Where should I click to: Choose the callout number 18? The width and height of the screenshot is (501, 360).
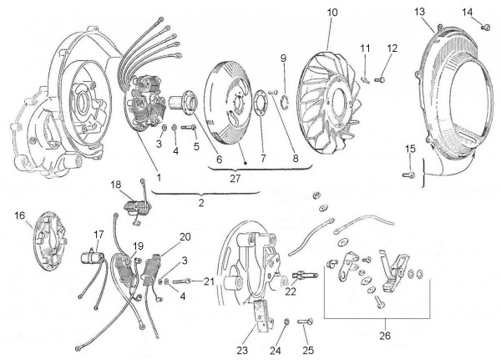click(116, 183)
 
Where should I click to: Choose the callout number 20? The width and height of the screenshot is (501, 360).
click(185, 236)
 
